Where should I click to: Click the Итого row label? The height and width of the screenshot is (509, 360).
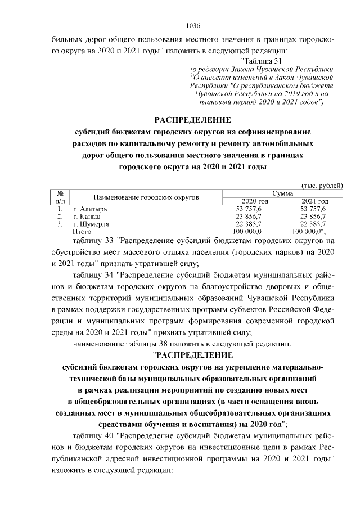pos(82,231)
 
